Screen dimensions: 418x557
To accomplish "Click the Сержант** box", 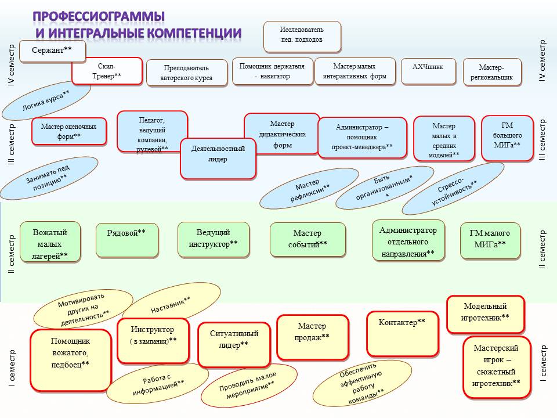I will click(x=52, y=51).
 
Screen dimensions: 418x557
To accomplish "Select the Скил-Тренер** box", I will click(x=107, y=71).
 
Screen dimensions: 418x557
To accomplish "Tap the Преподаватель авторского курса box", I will click(x=186, y=73).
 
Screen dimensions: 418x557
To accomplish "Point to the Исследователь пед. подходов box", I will click(x=302, y=35).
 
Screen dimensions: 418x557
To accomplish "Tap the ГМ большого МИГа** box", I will click(x=507, y=138).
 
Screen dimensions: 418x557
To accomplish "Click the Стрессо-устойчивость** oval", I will click(x=454, y=189).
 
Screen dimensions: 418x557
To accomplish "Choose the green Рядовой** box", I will click(x=126, y=239).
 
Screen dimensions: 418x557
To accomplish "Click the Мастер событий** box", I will click(x=308, y=239).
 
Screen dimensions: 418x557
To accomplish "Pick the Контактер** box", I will click(x=402, y=333).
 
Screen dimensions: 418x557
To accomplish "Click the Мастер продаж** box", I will click(x=313, y=337).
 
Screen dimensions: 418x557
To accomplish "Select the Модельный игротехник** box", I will click(x=486, y=313).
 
